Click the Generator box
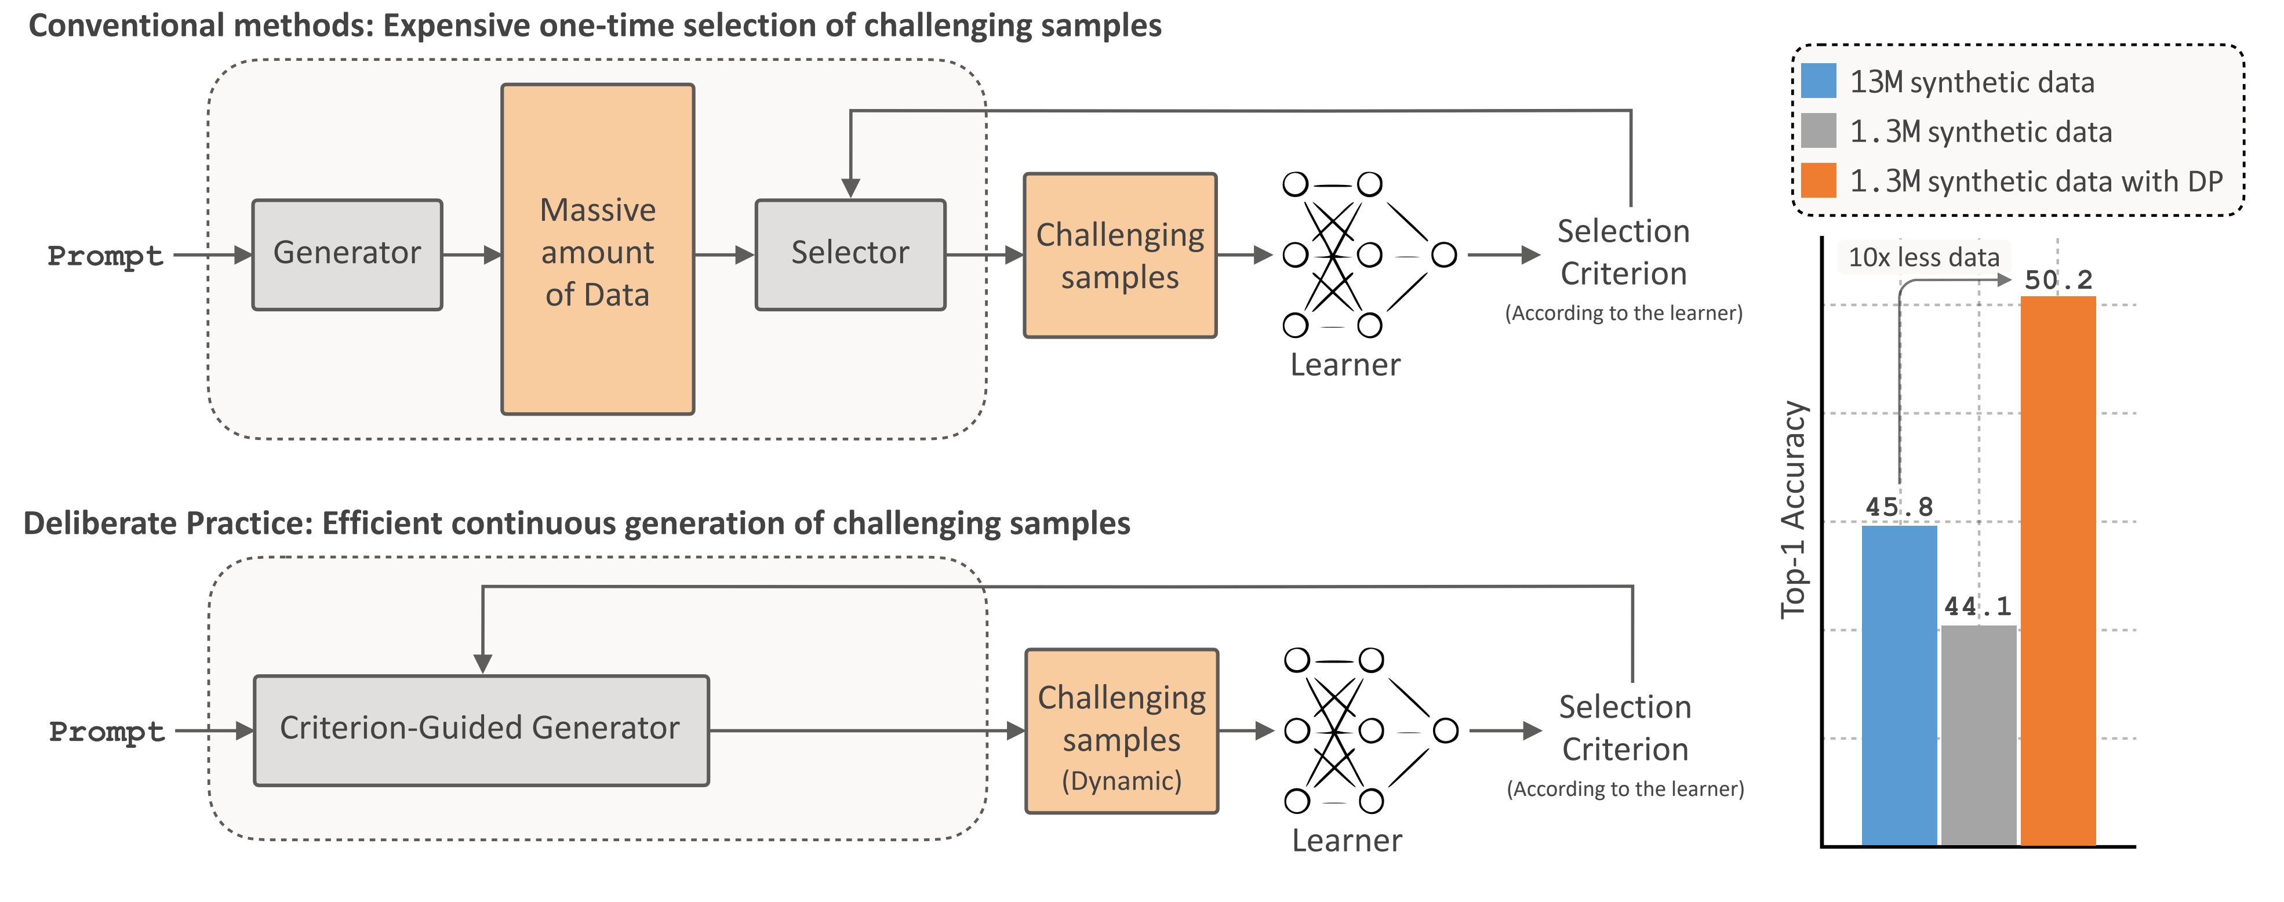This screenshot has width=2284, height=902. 347,254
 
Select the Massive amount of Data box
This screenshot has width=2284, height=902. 598,250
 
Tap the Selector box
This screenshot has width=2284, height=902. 850,254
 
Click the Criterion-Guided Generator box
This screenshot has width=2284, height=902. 481,730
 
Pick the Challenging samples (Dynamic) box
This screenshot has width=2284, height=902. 1122,732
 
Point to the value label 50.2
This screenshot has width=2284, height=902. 2058,280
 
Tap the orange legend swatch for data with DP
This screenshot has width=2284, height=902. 1819,181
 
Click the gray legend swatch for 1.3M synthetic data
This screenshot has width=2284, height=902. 1819,131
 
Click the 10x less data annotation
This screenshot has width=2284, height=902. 1923,258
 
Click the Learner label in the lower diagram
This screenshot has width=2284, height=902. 1347,841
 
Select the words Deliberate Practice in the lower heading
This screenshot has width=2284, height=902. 168,523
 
